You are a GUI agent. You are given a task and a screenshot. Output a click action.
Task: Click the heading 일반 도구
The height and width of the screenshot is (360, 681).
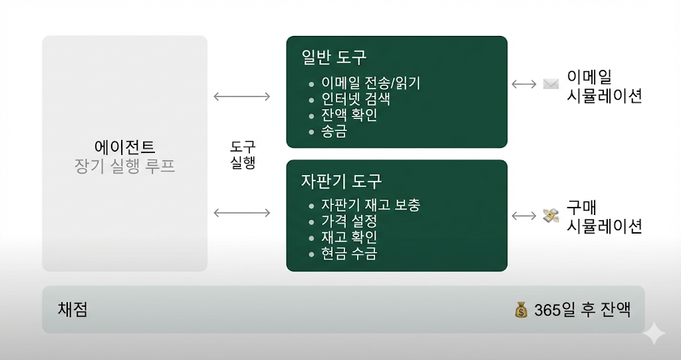pyautogui.click(x=333, y=57)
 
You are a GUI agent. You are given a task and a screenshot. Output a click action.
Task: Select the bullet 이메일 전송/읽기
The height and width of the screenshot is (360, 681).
pyautogui.click(x=370, y=84)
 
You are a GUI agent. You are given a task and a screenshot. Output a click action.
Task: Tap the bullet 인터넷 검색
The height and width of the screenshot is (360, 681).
pyautogui.click(x=355, y=100)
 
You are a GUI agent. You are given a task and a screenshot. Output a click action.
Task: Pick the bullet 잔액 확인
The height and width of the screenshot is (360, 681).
pyautogui.click(x=349, y=116)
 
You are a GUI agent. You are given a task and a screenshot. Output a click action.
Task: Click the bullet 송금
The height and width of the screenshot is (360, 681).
pyautogui.click(x=334, y=132)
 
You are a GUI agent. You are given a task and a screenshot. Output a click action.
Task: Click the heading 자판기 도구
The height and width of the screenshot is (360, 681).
pyautogui.click(x=341, y=181)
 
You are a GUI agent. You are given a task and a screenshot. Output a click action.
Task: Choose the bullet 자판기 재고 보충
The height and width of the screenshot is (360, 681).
pyautogui.click(x=370, y=205)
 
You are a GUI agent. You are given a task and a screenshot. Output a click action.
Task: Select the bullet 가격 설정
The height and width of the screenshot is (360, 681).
pyautogui.click(x=349, y=221)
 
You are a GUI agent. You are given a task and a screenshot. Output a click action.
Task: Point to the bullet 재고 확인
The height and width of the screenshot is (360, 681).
pyautogui.click(x=349, y=237)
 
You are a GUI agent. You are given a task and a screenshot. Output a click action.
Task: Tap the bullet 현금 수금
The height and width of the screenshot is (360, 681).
pyautogui.click(x=349, y=253)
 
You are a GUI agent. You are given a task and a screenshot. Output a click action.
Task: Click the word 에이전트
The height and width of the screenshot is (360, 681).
pyautogui.click(x=125, y=146)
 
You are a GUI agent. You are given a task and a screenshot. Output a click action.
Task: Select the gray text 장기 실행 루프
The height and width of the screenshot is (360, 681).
pyautogui.click(x=125, y=166)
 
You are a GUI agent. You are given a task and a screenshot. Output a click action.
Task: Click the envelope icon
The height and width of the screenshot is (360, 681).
pyautogui.click(x=551, y=85)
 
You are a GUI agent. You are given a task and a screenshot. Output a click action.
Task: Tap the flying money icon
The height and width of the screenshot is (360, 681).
pyautogui.click(x=551, y=216)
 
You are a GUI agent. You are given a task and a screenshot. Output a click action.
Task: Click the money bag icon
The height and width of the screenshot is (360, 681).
pyautogui.click(x=521, y=310)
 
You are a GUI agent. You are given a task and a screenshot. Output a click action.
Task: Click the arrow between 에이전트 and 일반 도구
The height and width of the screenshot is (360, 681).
pyautogui.click(x=241, y=96)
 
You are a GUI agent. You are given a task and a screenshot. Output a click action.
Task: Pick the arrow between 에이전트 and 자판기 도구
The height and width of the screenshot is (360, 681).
pyautogui.click(x=241, y=213)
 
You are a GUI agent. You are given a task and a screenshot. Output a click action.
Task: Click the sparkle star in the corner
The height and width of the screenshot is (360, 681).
pyautogui.click(x=654, y=333)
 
